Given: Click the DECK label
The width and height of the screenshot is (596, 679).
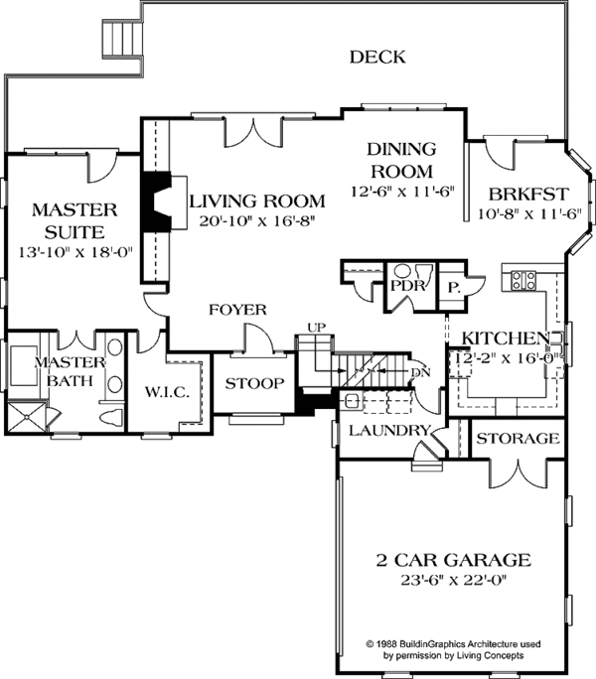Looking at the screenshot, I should click(x=376, y=58).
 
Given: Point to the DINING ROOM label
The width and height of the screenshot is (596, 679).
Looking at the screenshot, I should click(x=401, y=160).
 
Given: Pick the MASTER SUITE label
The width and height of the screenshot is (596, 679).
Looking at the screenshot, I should click(x=74, y=220).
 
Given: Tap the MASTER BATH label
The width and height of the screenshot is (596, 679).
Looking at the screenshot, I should click(x=64, y=371).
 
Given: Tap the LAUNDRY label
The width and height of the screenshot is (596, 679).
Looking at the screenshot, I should click(x=386, y=431).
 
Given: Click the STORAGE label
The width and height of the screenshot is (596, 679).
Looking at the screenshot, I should click(x=518, y=438).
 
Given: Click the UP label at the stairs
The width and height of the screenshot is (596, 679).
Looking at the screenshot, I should click(x=316, y=327).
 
